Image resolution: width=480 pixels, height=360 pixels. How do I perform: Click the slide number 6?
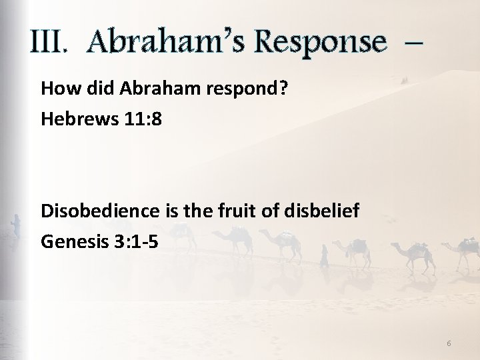(x=449, y=343)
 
